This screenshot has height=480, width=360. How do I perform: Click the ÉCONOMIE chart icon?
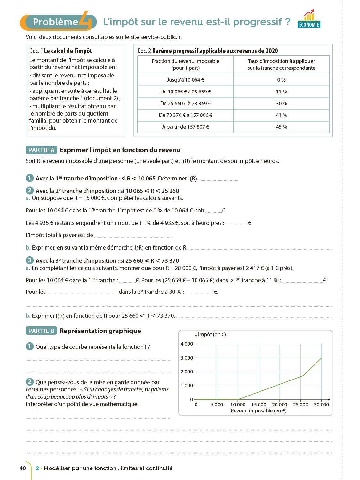(309, 19)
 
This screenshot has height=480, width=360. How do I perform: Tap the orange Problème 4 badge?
(58, 22)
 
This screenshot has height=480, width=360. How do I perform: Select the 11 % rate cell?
(281, 92)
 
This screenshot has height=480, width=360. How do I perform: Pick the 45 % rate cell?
(281, 127)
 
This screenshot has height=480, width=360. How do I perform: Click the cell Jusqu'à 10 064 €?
(185, 80)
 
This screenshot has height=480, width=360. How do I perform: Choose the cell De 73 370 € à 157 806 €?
(185, 115)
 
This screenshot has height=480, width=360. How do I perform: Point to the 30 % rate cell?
(281, 104)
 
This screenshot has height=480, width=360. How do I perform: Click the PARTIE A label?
(41, 150)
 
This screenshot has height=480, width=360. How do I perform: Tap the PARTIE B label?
(41, 331)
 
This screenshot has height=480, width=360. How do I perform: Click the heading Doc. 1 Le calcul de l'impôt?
(61, 51)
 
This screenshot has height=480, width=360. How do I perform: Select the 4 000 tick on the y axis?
(187, 344)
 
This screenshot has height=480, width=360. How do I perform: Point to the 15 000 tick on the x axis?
(259, 404)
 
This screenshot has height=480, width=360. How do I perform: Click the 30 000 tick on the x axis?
(321, 404)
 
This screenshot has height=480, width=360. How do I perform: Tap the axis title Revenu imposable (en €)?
(259, 411)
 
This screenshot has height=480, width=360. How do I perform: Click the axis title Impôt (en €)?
(212, 335)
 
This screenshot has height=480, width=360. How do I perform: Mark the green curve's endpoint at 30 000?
(321, 358)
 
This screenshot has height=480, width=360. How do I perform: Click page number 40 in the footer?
(23, 468)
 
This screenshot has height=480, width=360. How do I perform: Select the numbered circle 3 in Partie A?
(30, 260)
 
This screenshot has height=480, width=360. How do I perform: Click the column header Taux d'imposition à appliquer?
(281, 65)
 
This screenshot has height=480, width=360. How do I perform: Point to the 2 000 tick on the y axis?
(187, 372)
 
